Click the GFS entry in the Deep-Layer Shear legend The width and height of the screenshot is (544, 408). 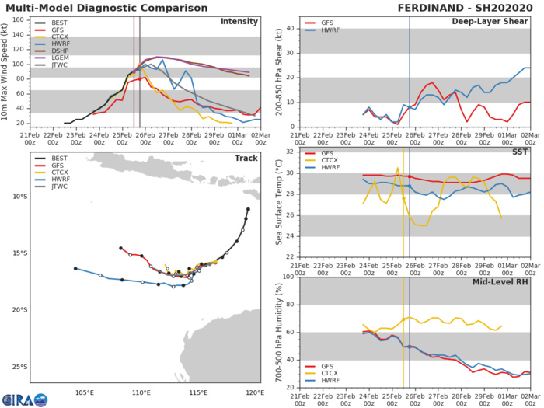coord(325,24)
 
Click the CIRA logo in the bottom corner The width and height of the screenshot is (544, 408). coord(23,398)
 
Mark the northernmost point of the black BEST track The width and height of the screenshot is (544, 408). coord(248,208)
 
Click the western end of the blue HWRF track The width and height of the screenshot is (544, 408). coord(75,268)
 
